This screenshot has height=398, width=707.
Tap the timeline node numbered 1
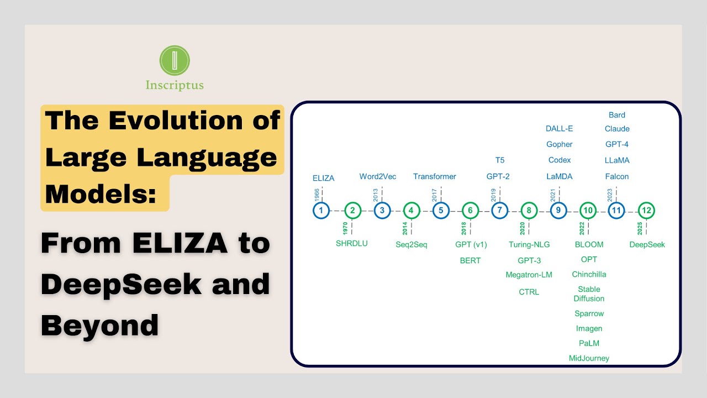[321, 211]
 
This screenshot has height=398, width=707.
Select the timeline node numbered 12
[646, 211]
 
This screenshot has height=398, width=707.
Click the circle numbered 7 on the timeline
[500, 211]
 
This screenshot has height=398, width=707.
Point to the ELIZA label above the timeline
[323, 178]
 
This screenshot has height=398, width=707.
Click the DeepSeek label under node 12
[647, 244]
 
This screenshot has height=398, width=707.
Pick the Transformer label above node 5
[435, 176]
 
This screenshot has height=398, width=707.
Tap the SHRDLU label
[351, 243]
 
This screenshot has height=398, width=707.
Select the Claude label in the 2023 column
[617, 129]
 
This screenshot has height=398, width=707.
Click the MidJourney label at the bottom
[589, 358]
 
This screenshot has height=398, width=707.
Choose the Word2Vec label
[378, 176]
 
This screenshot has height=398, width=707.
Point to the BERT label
[470, 260]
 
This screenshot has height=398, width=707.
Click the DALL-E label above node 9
[559, 129]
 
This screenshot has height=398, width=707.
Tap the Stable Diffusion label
[589, 294]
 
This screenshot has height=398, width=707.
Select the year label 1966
[316, 194]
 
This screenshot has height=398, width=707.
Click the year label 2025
[640, 227]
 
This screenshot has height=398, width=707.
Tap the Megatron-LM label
[529, 275]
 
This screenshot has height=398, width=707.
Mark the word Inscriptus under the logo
[175, 85]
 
